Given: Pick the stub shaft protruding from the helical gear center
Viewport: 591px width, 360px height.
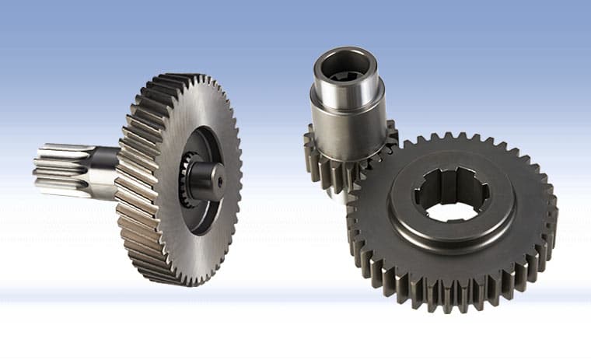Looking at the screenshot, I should click(x=205, y=177).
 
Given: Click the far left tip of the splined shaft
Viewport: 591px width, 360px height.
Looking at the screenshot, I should click(x=37, y=170).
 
